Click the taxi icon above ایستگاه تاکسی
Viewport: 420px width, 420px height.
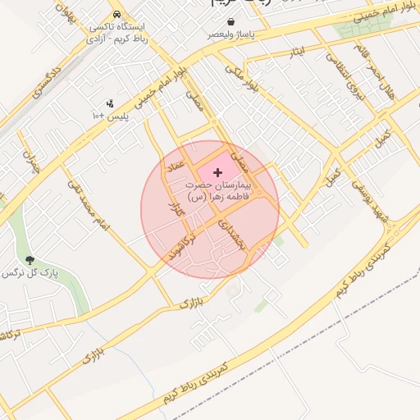coord(119,15)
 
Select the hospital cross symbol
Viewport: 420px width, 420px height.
coord(217,172)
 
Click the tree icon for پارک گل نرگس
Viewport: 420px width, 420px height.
coord(31,260)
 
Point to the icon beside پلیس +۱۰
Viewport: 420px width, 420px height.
coord(110,103)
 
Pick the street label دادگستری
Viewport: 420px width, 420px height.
coord(48,80)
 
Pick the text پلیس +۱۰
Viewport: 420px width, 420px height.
coord(110,116)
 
